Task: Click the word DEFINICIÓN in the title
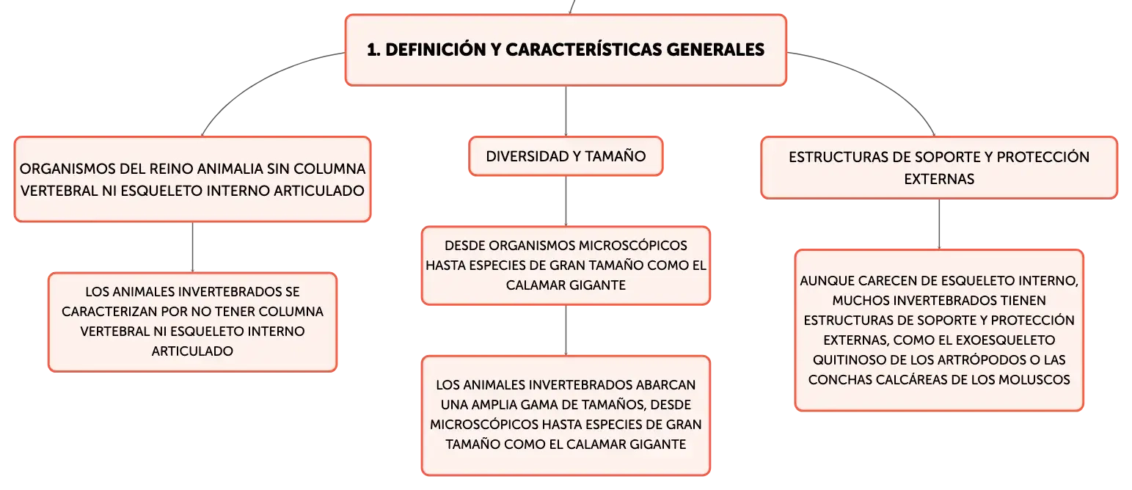pyautogui.click(x=436, y=49)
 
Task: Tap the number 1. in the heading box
pyautogui.click(x=373, y=49)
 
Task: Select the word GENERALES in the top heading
pyautogui.click(x=715, y=49)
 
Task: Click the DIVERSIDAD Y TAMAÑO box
pyautogui.click(x=566, y=156)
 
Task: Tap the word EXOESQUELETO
pyautogui.click(x=1003, y=340)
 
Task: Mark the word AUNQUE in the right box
pyautogui.click(x=828, y=281)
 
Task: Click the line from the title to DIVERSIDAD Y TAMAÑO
pyautogui.click(x=566, y=111)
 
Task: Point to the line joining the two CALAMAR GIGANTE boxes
pyautogui.click(x=566, y=330)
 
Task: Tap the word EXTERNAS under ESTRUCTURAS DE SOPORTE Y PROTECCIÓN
pyautogui.click(x=939, y=179)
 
